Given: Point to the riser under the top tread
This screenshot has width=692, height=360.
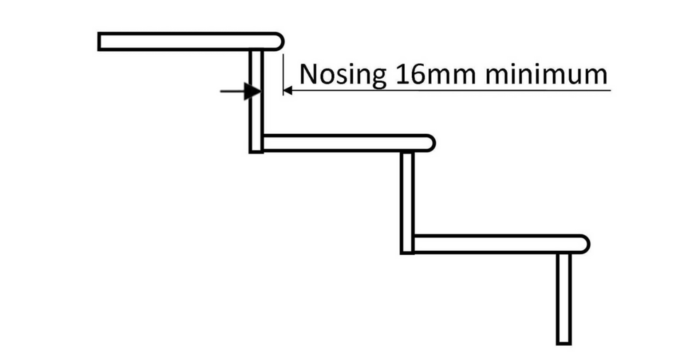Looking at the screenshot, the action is [256, 100].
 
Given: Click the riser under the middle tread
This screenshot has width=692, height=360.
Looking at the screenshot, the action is [407, 200].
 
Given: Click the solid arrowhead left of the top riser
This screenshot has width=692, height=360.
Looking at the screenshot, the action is [243, 91].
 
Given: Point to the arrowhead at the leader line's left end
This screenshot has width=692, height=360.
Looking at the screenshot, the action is [287, 91].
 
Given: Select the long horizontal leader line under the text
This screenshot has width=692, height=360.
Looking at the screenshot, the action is [450, 91].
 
